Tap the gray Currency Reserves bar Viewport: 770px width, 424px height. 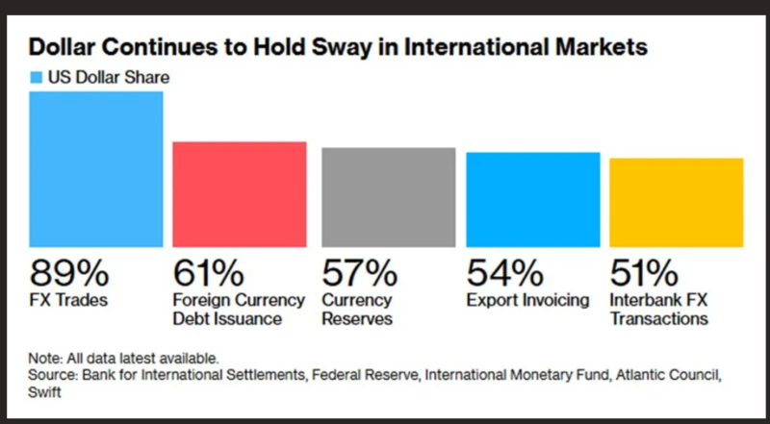387,198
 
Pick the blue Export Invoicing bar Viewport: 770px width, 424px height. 532,200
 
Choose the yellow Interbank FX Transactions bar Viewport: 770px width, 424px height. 677,203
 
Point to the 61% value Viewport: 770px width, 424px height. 209,273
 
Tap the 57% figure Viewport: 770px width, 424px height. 358,273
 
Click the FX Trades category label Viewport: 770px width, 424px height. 70,300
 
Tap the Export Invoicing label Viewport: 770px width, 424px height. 526,300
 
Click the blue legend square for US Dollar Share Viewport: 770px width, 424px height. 37,77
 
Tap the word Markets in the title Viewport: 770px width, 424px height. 605,46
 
